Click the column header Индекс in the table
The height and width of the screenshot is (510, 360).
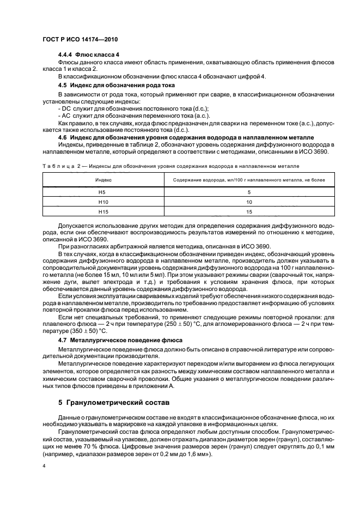[103, 179]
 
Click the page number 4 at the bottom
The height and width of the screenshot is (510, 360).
[45, 467]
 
